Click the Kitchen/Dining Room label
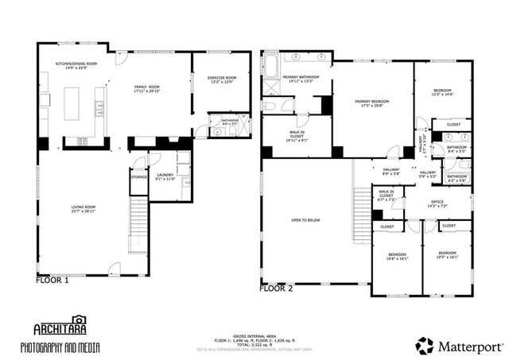[76, 65]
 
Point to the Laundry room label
[165, 176]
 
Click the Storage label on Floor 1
[139, 176]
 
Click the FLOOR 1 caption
[52, 280]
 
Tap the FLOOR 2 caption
[276, 288]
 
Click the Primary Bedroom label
[371, 103]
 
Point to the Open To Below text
[306, 219]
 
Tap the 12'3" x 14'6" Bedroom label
[443, 93]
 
